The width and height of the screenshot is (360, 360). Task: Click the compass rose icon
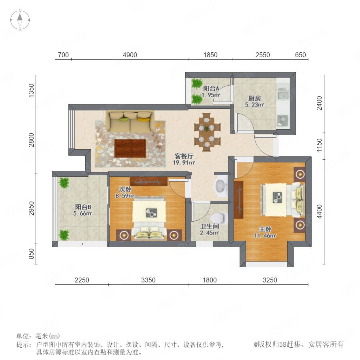click(20, 20)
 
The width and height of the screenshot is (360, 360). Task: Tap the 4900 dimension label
click(130, 55)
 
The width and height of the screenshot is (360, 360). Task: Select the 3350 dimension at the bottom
click(148, 280)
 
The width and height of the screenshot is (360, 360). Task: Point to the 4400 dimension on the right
click(319, 212)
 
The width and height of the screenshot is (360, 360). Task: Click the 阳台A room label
click(211, 88)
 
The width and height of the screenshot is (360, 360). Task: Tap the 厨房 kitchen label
click(254, 98)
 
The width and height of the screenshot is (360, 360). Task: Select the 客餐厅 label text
click(184, 156)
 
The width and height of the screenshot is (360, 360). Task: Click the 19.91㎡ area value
click(184, 162)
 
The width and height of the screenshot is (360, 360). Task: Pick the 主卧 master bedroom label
click(265, 229)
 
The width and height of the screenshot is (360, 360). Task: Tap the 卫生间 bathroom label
click(209, 226)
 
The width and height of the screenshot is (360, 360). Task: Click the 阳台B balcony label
click(83, 207)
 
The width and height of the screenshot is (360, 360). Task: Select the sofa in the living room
click(130, 121)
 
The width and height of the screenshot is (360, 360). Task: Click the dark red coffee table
click(130, 148)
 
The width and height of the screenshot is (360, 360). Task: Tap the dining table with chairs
click(207, 132)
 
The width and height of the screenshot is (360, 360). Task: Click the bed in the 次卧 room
click(149, 218)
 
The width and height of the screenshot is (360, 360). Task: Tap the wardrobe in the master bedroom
click(239, 200)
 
